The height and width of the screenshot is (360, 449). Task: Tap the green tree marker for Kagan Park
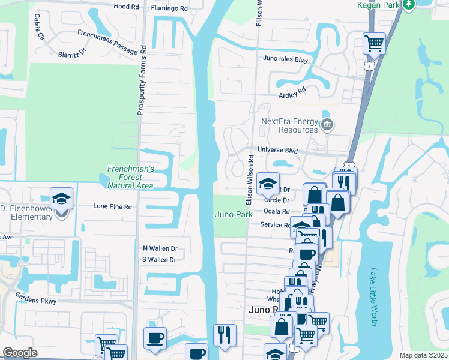coord(409,5)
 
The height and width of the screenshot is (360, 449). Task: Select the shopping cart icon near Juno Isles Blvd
coord(374,43)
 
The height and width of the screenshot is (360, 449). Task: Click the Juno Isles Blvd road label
coord(285,59)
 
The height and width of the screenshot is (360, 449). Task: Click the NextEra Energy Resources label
coord(289,125)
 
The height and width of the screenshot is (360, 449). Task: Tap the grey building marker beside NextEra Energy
coord(327,125)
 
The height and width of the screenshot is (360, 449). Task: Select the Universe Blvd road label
coord(277,150)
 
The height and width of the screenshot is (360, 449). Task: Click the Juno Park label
coord(234,214)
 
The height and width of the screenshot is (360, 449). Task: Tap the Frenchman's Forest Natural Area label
coord(130,177)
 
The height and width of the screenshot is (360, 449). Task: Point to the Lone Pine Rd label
coord(112,206)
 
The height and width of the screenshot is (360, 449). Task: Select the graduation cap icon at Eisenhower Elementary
coord(61,199)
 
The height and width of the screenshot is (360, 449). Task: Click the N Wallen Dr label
coord(160,248)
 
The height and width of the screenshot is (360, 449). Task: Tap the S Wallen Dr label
coord(159,260)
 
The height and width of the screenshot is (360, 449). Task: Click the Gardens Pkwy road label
coord(37,300)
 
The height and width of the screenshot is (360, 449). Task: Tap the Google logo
coord(20,353)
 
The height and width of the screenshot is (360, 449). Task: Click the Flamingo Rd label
coord(169,9)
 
